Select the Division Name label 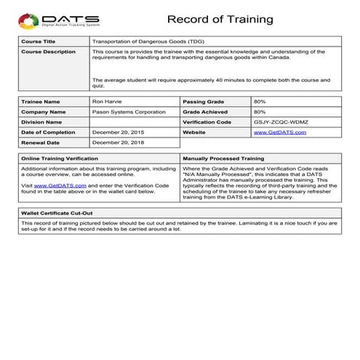[x=44, y=122]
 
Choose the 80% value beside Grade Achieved [x=260, y=111]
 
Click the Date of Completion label [x=49, y=132]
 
